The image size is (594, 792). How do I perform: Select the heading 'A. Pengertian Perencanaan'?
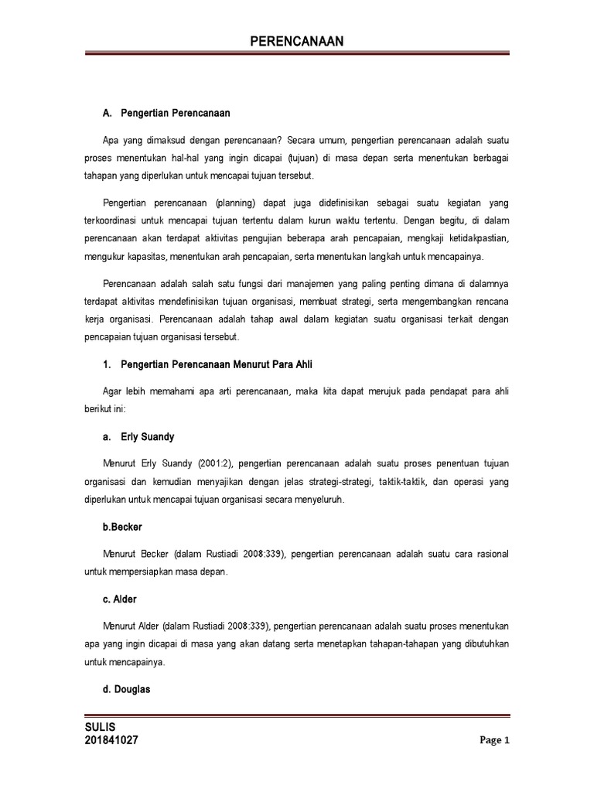[x=166, y=114]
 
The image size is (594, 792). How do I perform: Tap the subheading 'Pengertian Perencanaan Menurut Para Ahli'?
[x=217, y=364]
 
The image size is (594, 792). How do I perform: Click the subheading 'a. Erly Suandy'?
[x=138, y=437]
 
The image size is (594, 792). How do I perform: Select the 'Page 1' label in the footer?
[x=494, y=740]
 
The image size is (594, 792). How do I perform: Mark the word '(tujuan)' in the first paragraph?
[x=306, y=158]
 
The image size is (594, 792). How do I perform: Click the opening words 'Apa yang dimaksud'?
[x=146, y=140]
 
